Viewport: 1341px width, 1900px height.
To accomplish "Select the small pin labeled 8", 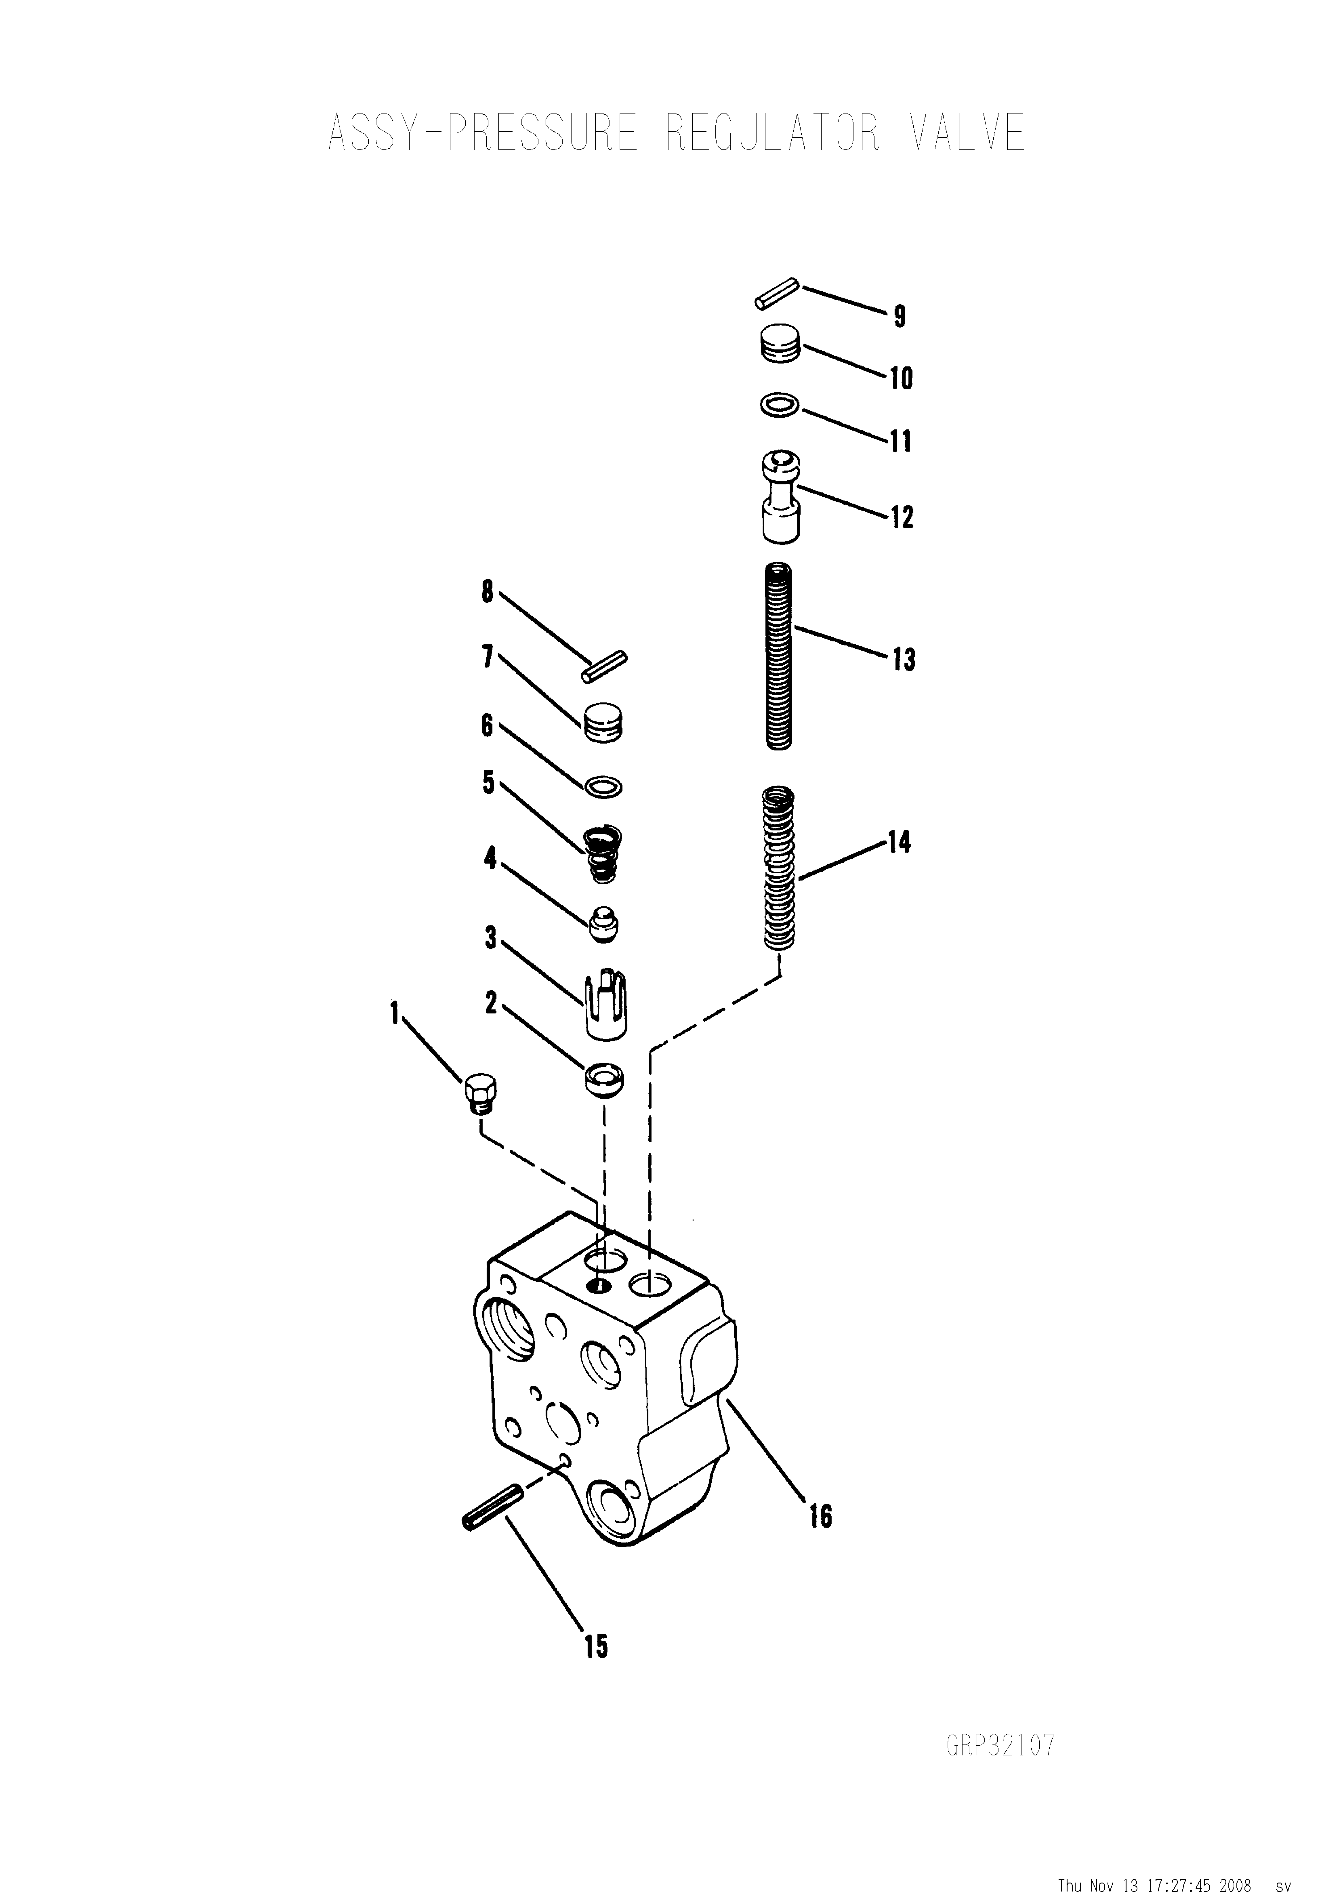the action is (x=604, y=668).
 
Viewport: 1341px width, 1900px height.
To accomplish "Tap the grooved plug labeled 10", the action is (x=780, y=343).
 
